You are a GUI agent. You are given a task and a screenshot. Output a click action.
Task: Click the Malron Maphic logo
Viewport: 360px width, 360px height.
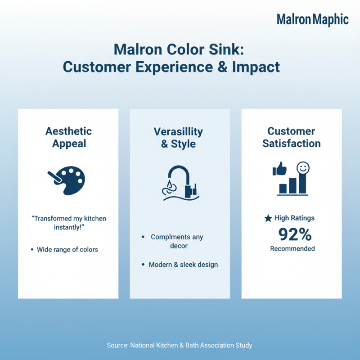pyautogui.click(x=312, y=19)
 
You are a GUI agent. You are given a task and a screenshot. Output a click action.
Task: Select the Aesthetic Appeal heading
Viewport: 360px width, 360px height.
pyautogui.click(x=68, y=137)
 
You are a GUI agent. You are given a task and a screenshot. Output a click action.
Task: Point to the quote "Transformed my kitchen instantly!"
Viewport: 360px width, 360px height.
pyautogui.click(x=68, y=222)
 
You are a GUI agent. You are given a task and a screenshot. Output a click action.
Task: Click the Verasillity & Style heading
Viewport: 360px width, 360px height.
pyautogui.click(x=178, y=138)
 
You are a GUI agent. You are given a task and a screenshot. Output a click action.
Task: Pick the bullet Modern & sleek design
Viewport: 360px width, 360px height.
pyautogui.click(x=183, y=265)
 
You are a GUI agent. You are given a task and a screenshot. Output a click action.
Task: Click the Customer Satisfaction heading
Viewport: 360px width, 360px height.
pyautogui.click(x=292, y=137)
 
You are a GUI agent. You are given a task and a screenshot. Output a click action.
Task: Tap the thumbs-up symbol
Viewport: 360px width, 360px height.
pyautogui.click(x=279, y=170)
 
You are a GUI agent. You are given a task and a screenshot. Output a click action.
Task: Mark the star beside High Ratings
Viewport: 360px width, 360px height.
pyautogui.click(x=268, y=218)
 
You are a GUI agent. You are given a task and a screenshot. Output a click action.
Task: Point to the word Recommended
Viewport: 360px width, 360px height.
pyautogui.click(x=292, y=248)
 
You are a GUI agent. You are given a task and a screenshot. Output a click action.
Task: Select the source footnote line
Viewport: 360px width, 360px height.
pyautogui.click(x=180, y=345)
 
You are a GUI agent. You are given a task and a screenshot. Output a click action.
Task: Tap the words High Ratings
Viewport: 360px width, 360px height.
pyautogui.click(x=294, y=218)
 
